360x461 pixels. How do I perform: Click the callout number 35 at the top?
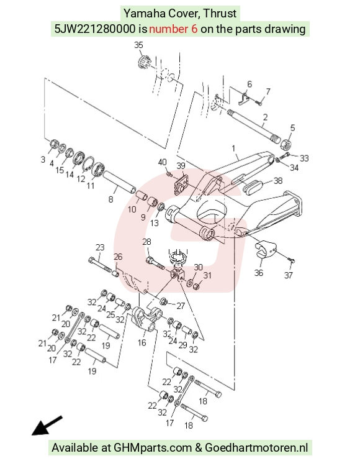pos(138,45)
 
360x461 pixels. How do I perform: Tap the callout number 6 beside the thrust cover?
pos(250,84)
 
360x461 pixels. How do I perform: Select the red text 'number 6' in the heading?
pos(173,29)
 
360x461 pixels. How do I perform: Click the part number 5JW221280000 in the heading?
pos(95,29)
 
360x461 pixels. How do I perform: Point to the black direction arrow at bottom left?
pos(47,425)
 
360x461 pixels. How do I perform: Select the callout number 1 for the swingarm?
pos(234,148)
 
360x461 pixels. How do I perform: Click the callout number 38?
pos(278,181)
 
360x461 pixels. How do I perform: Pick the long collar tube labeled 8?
pos(119,183)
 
